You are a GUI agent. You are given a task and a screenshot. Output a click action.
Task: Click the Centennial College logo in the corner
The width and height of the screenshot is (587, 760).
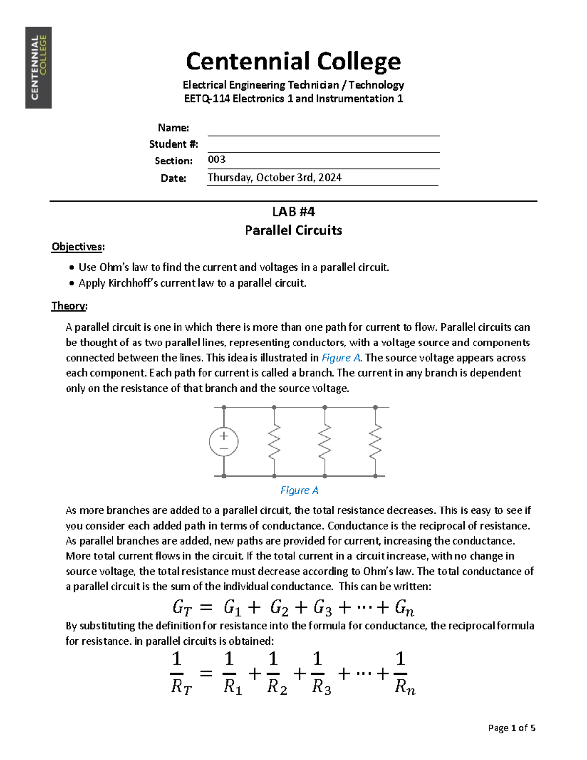click(39, 68)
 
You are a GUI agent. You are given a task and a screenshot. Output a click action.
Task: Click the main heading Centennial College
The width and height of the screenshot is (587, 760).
click(293, 62)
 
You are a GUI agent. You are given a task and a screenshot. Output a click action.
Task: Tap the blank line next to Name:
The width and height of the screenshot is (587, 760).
click(323, 129)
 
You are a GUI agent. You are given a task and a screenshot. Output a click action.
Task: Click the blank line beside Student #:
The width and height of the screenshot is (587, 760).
click(323, 145)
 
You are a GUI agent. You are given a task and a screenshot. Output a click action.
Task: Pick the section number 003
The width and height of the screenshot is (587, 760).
click(217, 160)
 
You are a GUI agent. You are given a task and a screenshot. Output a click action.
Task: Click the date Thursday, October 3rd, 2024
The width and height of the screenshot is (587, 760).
click(274, 177)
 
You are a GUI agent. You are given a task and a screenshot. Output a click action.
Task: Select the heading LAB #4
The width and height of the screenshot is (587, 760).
click(293, 211)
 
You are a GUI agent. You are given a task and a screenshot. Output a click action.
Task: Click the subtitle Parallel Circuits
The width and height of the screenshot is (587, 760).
click(293, 230)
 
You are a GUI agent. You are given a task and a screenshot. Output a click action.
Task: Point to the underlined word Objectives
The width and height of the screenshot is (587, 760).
click(77, 247)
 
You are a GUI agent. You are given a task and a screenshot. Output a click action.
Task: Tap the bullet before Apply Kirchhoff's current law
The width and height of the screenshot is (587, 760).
click(72, 283)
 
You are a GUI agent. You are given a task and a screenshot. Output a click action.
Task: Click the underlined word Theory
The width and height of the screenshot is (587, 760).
click(68, 306)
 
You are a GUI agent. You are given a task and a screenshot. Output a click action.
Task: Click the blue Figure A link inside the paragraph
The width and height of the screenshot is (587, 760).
click(341, 358)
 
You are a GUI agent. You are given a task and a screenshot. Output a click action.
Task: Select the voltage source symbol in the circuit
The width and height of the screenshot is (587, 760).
click(224, 441)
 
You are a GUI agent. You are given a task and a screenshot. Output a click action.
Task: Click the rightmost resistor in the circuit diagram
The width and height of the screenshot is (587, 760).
click(375, 441)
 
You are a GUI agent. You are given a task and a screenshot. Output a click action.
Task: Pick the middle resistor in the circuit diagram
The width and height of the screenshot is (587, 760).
click(325, 441)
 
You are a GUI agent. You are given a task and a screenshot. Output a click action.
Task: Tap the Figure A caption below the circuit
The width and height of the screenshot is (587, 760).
click(299, 490)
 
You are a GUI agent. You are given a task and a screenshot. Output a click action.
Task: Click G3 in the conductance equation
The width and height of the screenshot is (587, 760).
click(322, 608)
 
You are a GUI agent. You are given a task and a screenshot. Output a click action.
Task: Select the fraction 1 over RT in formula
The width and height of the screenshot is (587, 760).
click(181, 673)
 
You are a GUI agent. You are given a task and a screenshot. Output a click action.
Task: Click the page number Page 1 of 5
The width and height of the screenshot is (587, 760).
click(511, 728)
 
